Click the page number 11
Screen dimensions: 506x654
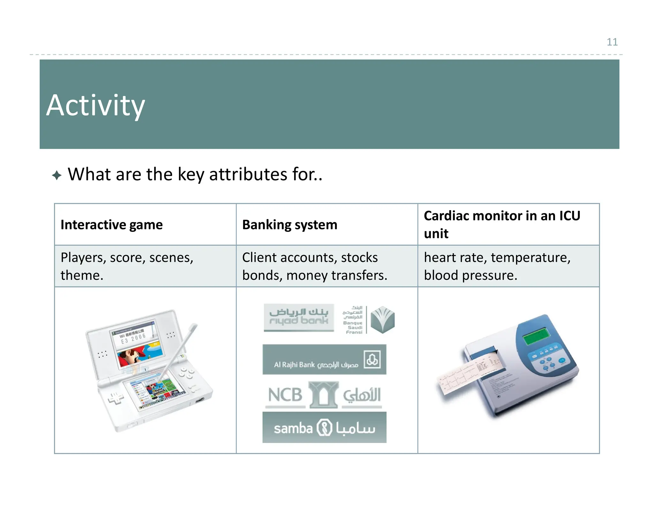coord(612,42)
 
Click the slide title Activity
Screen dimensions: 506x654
coord(95,105)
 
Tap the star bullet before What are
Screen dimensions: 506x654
coord(57,175)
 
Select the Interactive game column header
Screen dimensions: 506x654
coord(111,225)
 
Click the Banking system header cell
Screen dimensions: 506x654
coord(289,225)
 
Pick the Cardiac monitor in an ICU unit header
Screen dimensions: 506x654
coord(502,224)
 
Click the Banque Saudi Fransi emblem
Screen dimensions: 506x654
coord(383,320)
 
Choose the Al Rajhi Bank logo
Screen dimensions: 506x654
coord(324,360)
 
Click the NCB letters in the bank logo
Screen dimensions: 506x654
coord(285,395)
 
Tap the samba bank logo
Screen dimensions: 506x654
coord(324,428)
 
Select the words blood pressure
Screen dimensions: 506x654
coord(470,275)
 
